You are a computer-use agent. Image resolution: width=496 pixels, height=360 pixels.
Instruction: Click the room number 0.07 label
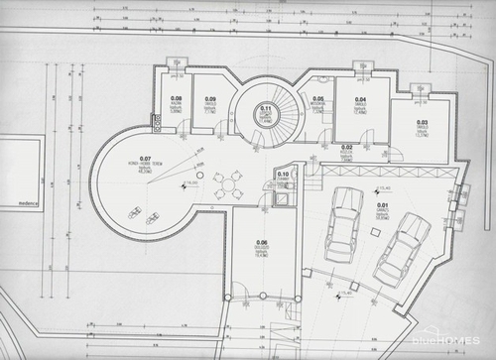[145, 157]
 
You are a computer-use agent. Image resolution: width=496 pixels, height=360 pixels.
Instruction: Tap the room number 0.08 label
[176, 98]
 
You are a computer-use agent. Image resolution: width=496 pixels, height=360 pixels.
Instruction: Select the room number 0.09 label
[210, 99]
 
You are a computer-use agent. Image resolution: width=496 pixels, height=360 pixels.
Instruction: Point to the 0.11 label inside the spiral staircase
[266, 108]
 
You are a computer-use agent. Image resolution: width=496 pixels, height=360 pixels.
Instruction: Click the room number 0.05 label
[318, 99]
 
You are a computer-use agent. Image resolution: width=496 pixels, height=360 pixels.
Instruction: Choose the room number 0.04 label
[361, 100]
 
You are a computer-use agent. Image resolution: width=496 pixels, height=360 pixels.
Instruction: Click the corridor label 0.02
[347, 147]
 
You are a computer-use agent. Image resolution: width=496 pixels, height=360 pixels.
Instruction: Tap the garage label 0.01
[382, 205]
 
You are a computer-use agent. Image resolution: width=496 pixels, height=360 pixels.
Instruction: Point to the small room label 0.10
[283, 175]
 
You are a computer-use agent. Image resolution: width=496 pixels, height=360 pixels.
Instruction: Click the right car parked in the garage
[401, 248]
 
